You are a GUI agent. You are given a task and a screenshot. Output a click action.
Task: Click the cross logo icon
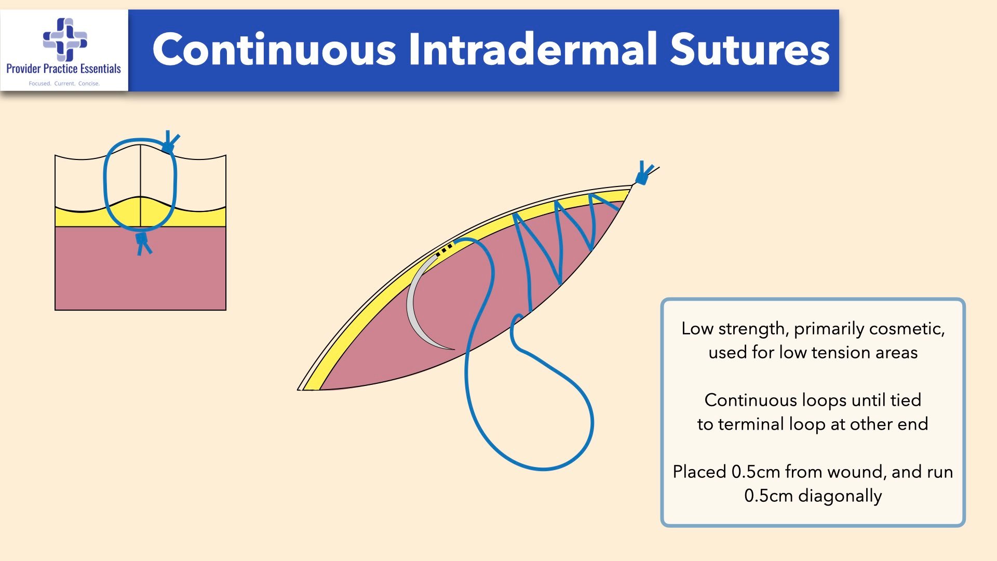coord(65,39)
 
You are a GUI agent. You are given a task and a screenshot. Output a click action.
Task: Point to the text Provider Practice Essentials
coord(63,69)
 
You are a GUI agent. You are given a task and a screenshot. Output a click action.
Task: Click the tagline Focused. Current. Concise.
coord(64,83)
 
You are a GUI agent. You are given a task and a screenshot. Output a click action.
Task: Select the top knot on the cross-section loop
coord(169,142)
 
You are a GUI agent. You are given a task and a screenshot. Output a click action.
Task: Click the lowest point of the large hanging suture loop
coord(543,469)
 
